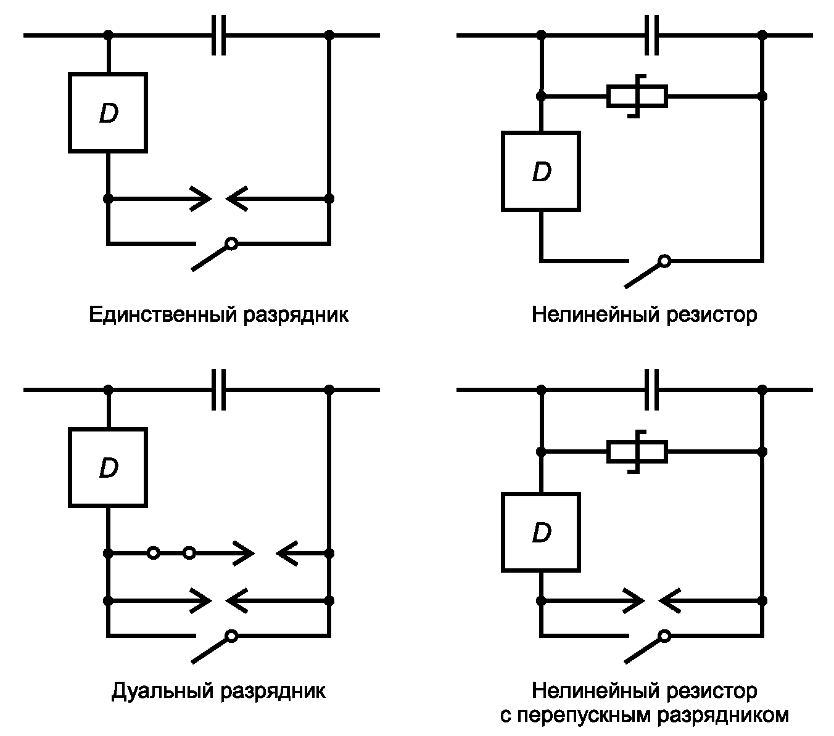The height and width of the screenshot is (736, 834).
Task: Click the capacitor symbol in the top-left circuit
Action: [x=218, y=35]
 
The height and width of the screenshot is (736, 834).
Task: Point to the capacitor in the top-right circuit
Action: [x=651, y=35]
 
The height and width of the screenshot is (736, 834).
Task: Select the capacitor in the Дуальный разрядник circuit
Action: [x=218, y=390]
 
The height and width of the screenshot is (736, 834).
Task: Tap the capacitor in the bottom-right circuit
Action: [x=651, y=390]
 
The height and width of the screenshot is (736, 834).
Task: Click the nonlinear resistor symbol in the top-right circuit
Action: [x=637, y=96]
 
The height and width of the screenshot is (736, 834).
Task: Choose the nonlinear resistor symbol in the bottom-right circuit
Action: [x=637, y=452]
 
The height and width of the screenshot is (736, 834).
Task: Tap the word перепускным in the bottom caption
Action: [x=584, y=716]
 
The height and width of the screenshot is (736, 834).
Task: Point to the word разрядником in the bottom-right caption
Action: [x=722, y=716]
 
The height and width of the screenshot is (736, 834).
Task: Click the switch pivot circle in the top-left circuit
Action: [x=232, y=244]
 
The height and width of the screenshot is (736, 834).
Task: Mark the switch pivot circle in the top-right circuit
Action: [x=664, y=261]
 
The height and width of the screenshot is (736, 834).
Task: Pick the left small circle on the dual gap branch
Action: [x=153, y=554]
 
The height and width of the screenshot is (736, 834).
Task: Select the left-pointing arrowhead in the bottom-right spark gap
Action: [x=669, y=601]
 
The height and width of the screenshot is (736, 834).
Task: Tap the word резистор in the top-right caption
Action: [x=711, y=315]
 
